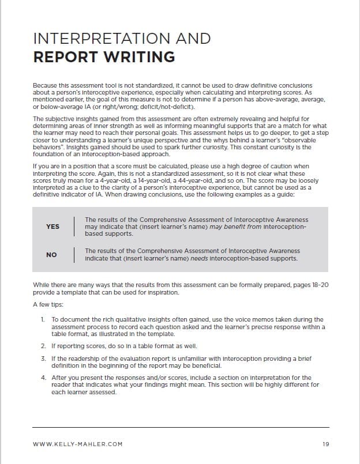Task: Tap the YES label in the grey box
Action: pos(52,227)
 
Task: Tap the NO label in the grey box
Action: pos(51,254)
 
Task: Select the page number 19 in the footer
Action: pos(326,443)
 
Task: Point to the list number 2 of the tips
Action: pos(43,346)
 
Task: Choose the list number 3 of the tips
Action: pos(43,359)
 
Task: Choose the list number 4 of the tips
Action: pos(43,378)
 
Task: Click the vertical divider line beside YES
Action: pos(74,227)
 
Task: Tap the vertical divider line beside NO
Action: pos(74,254)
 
